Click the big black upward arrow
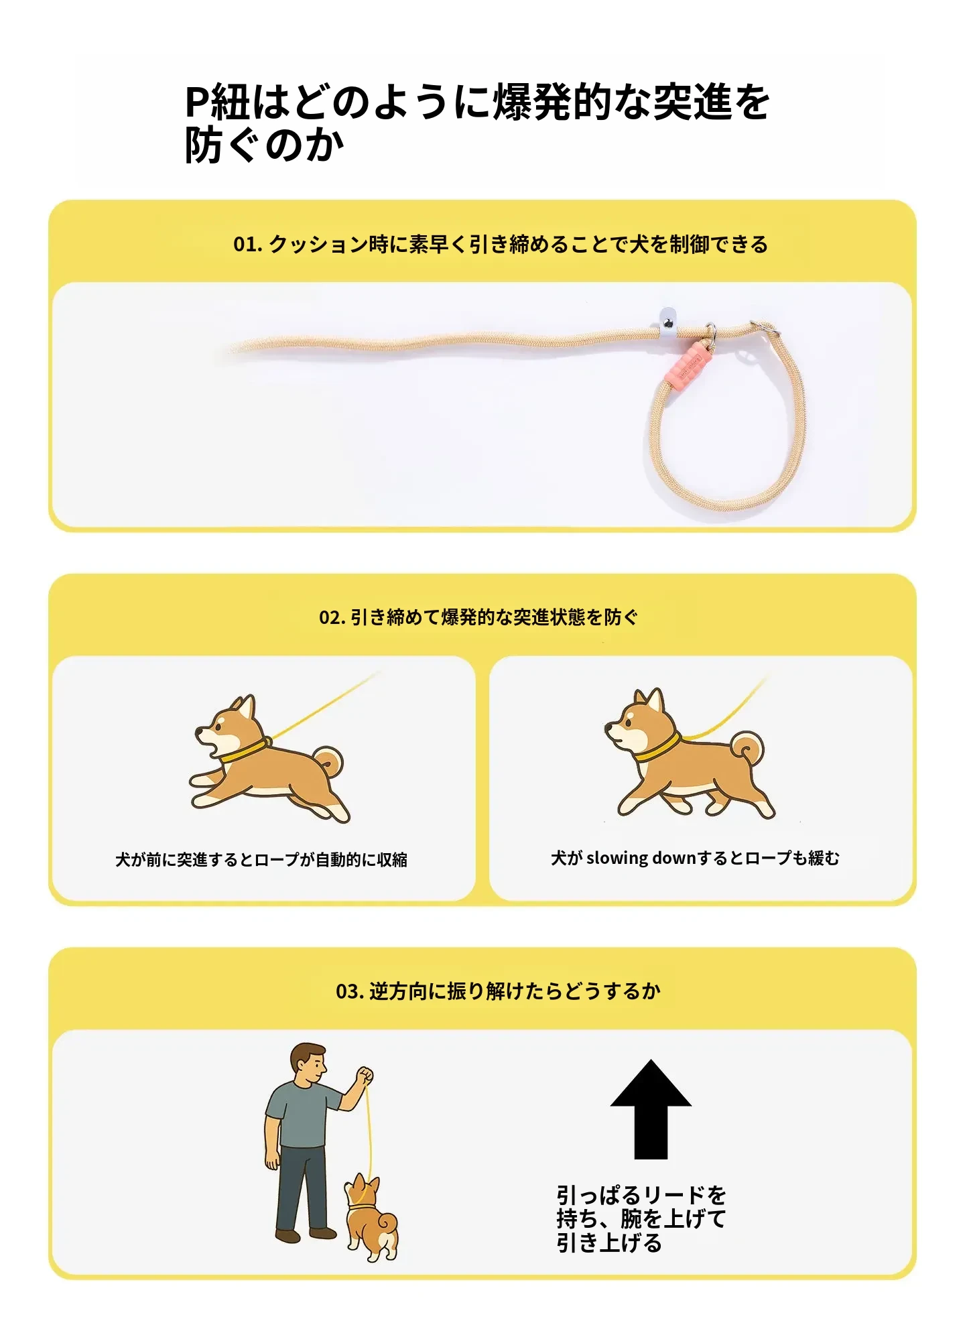pos(651,1109)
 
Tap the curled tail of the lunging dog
pos(328,762)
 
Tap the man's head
pos(308,1064)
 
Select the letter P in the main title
pos(197,103)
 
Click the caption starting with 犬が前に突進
pos(261,859)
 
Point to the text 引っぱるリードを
pos(641,1195)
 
